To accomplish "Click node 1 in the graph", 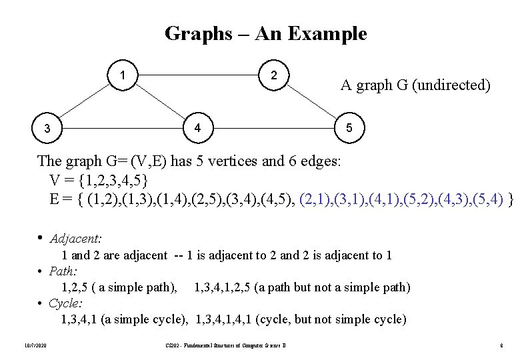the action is click(x=125, y=73).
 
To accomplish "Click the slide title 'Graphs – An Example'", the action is click(x=265, y=33).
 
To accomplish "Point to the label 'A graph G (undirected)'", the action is click(x=416, y=85).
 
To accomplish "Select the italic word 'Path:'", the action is click(x=63, y=271).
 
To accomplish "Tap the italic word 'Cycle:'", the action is click(x=65, y=303).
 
